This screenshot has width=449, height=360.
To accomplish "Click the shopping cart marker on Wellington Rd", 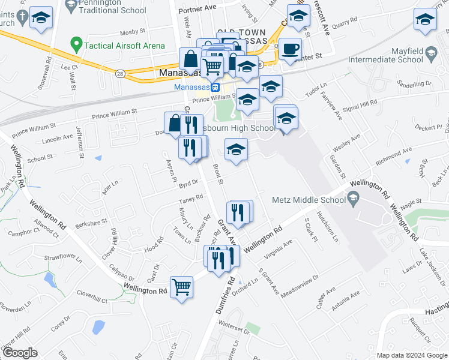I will (x=181, y=286).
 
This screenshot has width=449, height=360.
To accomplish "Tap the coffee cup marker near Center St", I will (x=291, y=48).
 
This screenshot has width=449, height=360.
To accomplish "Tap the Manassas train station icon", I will (x=215, y=87).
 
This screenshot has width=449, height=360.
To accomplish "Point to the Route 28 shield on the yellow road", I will (x=120, y=73).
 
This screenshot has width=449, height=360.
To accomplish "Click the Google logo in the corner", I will (x=20, y=353).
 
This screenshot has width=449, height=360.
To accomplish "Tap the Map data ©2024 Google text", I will (x=412, y=355).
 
